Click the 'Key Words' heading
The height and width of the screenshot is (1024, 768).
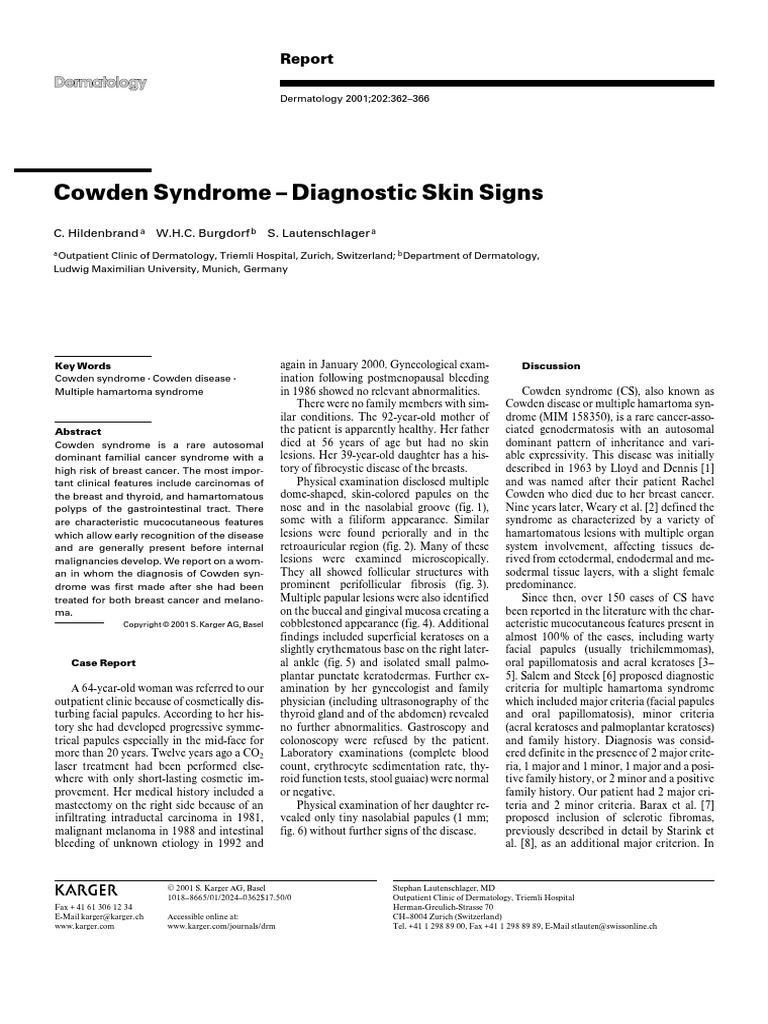click(x=82, y=366)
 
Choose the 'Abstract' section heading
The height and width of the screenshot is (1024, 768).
click(x=78, y=431)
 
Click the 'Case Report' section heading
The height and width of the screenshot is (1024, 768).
click(x=104, y=662)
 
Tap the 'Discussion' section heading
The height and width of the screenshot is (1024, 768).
click(x=552, y=366)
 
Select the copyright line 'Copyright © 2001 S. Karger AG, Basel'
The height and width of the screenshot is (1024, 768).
click(x=193, y=623)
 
